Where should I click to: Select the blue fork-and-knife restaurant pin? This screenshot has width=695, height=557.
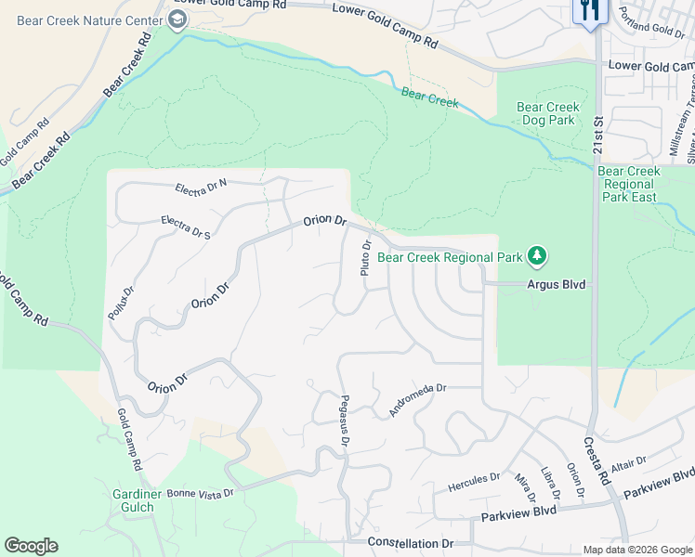point(589,11)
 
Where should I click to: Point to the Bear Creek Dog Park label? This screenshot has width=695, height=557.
point(548,114)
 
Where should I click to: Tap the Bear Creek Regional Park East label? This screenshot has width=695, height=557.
point(629,184)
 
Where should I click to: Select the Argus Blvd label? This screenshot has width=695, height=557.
point(557,285)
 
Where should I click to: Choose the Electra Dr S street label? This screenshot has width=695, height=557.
point(186,227)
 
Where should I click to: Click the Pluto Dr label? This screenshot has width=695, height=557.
point(366,258)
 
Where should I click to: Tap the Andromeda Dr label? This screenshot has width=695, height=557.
point(418,399)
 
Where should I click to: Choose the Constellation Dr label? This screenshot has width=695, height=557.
point(410,542)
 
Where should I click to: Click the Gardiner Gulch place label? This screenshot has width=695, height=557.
point(130,501)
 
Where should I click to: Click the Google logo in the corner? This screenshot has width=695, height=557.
point(31,546)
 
